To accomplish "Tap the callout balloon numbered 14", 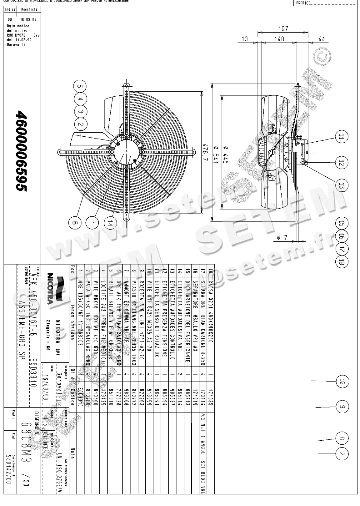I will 109,223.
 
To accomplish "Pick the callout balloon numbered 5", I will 80,86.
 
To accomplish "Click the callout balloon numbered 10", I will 342,381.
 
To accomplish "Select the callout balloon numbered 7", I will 342,454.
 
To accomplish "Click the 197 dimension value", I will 283,29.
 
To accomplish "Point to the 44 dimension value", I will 321,39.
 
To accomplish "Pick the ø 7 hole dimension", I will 282,238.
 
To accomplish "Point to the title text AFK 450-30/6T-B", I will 33,299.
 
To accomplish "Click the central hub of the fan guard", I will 126,152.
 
